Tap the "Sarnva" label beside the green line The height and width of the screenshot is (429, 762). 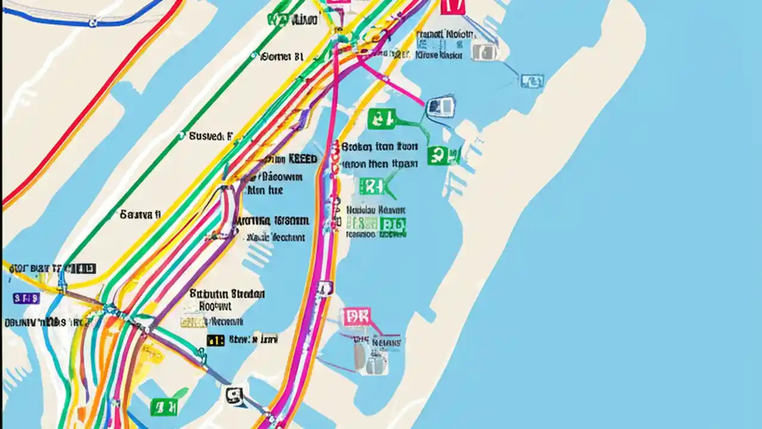tap(140, 213)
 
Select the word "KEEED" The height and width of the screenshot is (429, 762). tap(302, 159)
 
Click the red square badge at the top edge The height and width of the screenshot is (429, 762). tap(452, 6)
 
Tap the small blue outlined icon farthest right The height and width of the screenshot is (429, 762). tap(531, 81)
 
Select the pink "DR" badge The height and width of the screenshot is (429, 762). tap(356, 316)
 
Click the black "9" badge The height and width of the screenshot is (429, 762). tap(235, 395)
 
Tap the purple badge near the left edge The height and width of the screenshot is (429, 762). tap(27, 298)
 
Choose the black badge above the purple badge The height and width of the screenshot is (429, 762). tap(83, 269)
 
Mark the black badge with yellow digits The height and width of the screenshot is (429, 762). tap(216, 340)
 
